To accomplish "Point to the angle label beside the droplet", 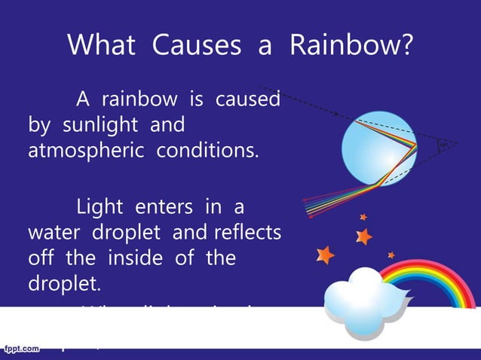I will point(446,143).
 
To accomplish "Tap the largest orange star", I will point(325,255).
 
